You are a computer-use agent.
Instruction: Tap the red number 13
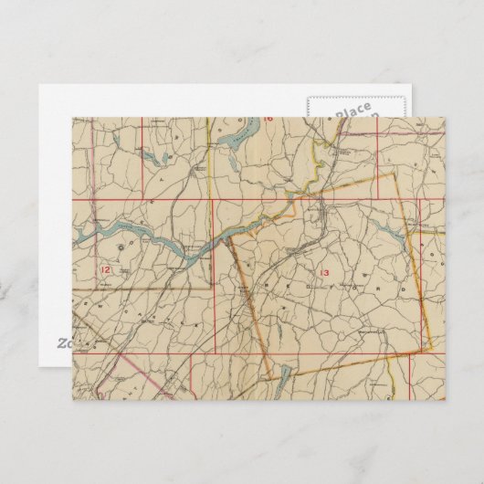323,273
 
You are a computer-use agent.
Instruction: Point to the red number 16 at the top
268,119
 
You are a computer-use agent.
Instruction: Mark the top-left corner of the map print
73,117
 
